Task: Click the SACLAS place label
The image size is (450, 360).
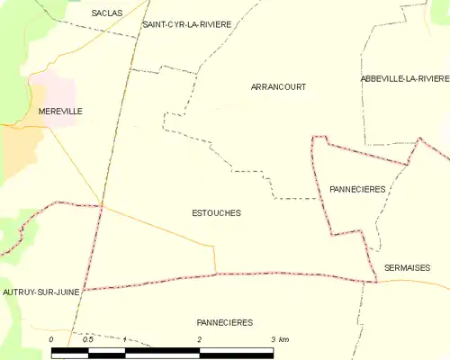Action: pos(107,13)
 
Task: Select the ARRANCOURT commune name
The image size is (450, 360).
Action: pos(278,87)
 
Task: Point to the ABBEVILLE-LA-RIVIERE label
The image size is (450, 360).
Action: pos(404,79)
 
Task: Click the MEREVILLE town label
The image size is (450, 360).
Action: pos(60,111)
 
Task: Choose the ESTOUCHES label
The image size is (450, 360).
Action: pos(216,213)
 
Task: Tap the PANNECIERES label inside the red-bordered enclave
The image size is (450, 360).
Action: pos(357,189)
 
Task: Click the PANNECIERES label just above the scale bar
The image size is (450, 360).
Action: pos(224,321)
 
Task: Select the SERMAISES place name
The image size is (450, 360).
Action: pos(407,267)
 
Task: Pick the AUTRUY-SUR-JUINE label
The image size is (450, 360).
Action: pos(41,292)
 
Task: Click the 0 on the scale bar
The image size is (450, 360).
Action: pos(51,339)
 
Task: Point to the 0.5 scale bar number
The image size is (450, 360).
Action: pos(88,339)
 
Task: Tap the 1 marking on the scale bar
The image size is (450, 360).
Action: pos(125,339)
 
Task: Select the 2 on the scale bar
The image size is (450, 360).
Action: pos(199,339)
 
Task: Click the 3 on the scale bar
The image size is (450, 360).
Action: pos(272,339)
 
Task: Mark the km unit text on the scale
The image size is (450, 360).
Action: pos(283,339)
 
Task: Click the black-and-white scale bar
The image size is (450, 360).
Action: pos(162,352)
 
